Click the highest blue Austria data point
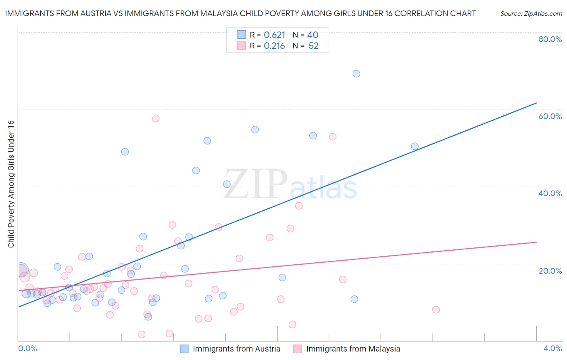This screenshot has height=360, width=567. tap(356, 73)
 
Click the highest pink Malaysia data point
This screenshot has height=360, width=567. tap(156, 118)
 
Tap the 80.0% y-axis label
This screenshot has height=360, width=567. tap(550, 39)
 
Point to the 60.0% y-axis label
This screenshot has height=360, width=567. tap(550, 116)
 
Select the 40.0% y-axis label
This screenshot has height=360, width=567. tap(550, 193)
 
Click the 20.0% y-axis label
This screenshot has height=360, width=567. tap(550, 271)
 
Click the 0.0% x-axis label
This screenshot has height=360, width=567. tap(28, 348)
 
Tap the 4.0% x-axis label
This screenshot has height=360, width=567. tap(552, 348)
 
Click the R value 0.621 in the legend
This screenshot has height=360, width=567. tap(274, 35)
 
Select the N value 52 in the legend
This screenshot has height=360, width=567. tap(313, 46)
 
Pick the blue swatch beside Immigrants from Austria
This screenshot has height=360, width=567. tap(184, 349)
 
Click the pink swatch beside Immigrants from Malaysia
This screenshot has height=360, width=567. tap(298, 349)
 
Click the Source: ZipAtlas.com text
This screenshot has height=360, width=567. tap(531, 14)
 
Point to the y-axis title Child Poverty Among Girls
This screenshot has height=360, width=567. tap(11, 184)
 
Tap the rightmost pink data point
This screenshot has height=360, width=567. tap(436, 310)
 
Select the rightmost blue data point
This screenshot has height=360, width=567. tap(415, 147)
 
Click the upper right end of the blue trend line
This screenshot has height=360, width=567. tap(536, 103)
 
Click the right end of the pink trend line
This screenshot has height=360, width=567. tap(536, 242)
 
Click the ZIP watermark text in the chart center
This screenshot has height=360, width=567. tap(255, 184)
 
